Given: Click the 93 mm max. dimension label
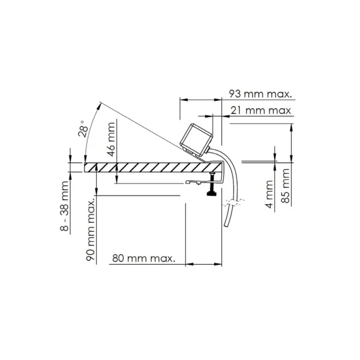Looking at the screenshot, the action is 260,94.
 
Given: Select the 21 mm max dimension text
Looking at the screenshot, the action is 261,110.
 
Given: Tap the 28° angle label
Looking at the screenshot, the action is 83,128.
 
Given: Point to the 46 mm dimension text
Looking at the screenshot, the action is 111,139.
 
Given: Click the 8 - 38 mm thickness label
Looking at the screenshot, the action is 64,206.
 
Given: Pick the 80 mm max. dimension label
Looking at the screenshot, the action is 144,259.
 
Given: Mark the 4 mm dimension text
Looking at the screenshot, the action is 269,194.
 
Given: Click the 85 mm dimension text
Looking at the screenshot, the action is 286,186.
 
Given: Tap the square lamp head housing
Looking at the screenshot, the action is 196,139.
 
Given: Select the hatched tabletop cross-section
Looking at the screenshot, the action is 153,167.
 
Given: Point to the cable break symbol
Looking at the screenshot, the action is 233,202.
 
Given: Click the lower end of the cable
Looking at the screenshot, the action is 226,226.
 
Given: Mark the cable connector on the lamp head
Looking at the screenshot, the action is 207,149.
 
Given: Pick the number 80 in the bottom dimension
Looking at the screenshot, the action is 118,259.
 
